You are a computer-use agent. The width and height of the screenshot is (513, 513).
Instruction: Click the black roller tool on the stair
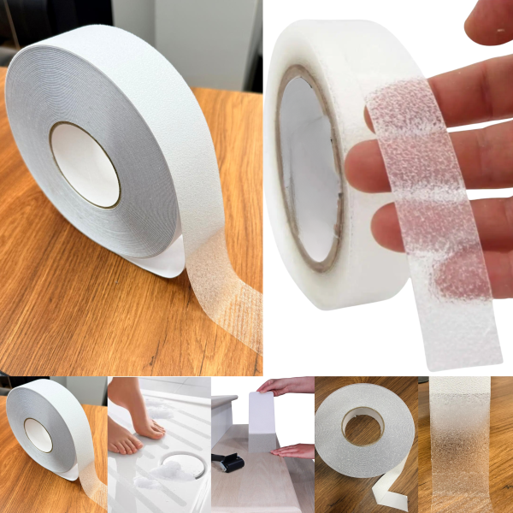[x=228, y=462]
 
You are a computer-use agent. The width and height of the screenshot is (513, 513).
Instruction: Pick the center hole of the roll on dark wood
[x=362, y=425]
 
